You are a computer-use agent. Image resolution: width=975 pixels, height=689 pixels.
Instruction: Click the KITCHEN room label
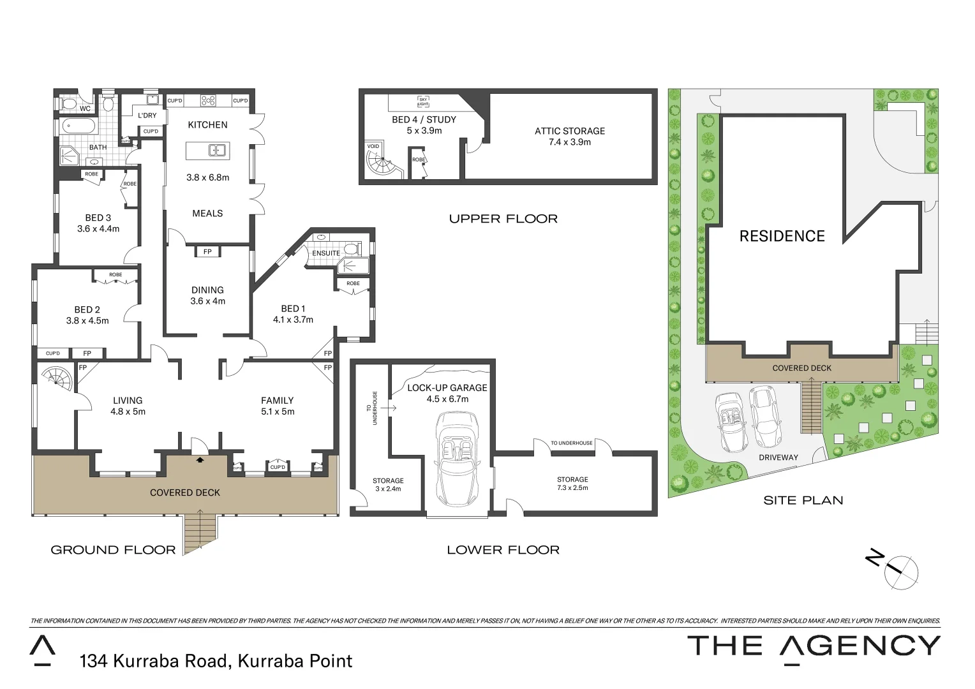tap(207, 125)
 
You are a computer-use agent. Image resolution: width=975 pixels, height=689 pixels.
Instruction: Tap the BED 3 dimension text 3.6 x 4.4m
tap(98, 228)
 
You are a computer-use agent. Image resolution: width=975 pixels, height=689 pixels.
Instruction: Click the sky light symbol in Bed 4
tap(423, 101)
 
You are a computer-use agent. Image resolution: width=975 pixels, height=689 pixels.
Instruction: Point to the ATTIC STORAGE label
tap(570, 131)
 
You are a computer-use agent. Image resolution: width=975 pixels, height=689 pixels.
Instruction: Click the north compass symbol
tap(900, 570)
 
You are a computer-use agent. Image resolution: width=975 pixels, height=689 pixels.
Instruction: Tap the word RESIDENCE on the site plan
tap(782, 236)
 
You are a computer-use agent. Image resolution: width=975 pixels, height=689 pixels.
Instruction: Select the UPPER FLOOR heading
tap(503, 219)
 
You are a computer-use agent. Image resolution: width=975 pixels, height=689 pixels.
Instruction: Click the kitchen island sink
tap(217, 151)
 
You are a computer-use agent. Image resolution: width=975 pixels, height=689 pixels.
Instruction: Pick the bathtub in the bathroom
tap(79, 126)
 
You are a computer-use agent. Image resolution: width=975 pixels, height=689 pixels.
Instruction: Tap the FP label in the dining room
tap(207, 252)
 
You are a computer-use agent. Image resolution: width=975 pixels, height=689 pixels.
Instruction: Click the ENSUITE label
tap(325, 253)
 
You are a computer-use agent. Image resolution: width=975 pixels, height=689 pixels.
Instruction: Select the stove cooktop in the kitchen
tap(208, 100)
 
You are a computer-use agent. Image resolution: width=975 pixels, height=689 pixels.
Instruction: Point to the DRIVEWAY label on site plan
tap(778, 457)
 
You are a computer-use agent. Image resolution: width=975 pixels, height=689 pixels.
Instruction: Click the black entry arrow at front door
tap(200, 459)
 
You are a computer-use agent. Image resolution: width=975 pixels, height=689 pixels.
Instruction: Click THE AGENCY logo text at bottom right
tap(813, 646)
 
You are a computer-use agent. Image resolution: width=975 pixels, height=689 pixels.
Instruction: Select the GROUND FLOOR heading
tap(113, 550)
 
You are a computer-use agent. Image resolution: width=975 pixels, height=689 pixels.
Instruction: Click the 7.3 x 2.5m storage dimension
tap(572, 487)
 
